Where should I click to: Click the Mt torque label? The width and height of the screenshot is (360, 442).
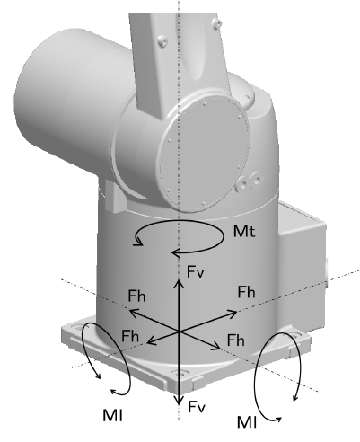click(244, 232)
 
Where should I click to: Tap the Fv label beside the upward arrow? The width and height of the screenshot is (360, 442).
click(196, 272)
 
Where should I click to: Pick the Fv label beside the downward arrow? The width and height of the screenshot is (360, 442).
click(197, 407)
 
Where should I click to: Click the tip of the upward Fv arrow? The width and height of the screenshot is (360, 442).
click(179, 279)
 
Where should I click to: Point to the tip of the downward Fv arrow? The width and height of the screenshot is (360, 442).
click(179, 405)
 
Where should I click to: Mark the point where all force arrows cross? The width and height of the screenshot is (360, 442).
click(179, 331)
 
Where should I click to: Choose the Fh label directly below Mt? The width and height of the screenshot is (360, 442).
click(246, 292)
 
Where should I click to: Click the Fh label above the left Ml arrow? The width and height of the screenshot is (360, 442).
click(130, 336)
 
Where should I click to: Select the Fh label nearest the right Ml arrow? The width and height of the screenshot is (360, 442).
click(236, 340)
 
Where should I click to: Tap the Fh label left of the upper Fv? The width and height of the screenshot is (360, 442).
click(136, 296)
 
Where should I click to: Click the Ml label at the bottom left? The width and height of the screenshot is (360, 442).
click(112, 415)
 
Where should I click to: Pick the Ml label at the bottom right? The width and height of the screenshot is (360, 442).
click(247, 422)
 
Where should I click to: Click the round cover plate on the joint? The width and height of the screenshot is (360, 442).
click(205, 153)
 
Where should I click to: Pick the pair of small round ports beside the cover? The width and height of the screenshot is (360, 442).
click(249, 182)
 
